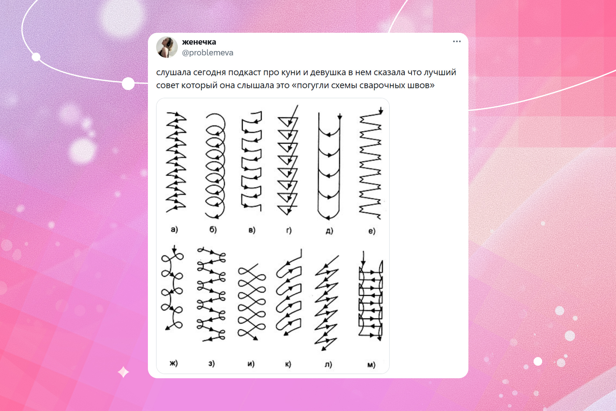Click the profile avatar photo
pos(167,47)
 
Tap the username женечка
pos(199,42)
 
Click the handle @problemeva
pos(208,53)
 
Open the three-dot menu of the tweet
pos(457,41)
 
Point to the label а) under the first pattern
pos(174,229)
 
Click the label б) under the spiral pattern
pos(213,229)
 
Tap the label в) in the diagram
pos(252,230)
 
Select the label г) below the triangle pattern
pos(289,230)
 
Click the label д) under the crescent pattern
pos(329,231)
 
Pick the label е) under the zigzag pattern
pos(372,231)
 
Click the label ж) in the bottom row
pos(174,363)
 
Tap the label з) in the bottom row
pos(211,363)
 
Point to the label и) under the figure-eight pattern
pos(251,364)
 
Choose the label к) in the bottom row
pos(288,364)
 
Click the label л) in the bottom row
pos(328,364)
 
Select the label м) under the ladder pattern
pos(371,365)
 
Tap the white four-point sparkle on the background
pos(124,372)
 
